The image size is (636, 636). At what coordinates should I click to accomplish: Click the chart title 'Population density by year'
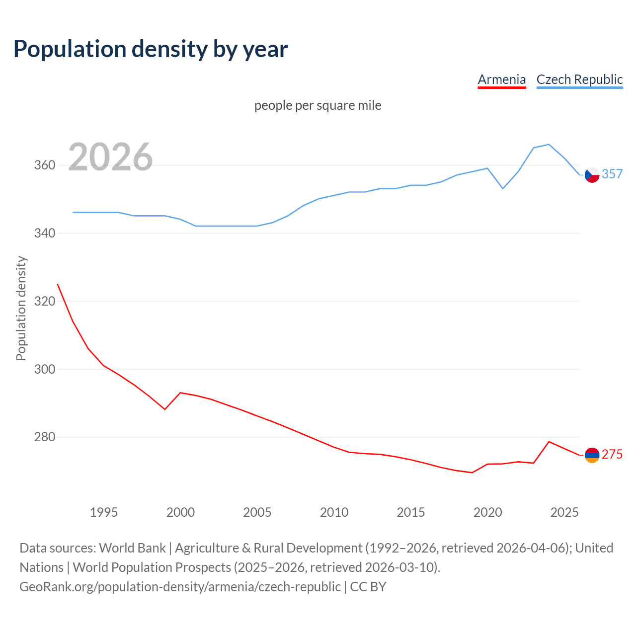coord(151,49)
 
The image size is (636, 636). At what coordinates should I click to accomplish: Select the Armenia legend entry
coord(501,79)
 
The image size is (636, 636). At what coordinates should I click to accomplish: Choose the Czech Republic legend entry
coord(579,79)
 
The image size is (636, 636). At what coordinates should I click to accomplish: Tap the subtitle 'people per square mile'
coord(318,105)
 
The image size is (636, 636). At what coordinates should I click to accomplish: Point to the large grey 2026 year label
coord(110,157)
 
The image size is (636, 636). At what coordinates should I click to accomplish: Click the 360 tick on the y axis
coord(45,165)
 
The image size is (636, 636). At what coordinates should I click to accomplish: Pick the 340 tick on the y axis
coord(45,233)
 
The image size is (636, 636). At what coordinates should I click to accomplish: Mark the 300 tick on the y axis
coord(45,369)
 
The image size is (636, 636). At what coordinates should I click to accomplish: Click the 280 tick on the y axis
coord(45,437)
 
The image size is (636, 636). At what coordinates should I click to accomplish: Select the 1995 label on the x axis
coord(104,512)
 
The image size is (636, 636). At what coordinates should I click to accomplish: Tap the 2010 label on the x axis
coord(334,512)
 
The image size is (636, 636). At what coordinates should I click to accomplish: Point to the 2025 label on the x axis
coord(564,512)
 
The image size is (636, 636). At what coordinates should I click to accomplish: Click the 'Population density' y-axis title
coord(21,308)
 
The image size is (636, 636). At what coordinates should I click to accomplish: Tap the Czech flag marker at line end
coord(592,175)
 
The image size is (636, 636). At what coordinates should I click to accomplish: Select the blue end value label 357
coord(612,174)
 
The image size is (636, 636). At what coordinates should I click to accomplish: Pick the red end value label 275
coord(612,454)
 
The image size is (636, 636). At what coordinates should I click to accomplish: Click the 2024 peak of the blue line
coord(549,145)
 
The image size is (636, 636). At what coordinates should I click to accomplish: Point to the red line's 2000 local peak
coord(180,393)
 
